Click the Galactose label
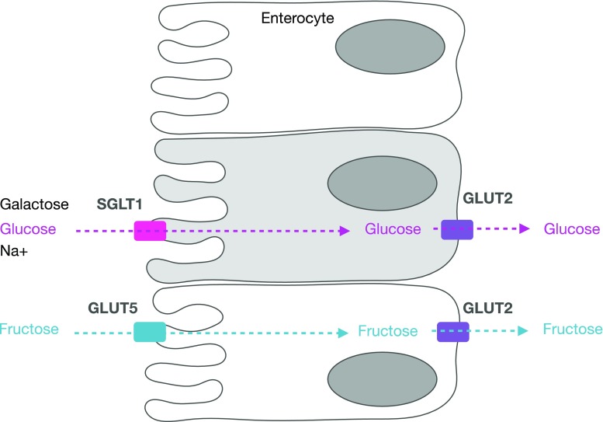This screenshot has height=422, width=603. (x=35, y=204)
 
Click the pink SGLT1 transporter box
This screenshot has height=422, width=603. (x=150, y=230)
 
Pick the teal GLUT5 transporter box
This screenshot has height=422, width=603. (x=150, y=331)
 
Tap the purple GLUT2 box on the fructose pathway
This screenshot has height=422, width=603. (x=452, y=331)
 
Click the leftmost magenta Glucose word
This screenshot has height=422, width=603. (x=29, y=229)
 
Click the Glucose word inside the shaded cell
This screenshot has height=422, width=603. (x=393, y=229)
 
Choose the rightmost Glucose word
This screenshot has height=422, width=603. (x=572, y=229)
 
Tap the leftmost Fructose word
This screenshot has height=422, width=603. (x=29, y=330)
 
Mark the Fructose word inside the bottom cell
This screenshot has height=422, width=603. (x=388, y=331)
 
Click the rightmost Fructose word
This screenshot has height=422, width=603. (x=573, y=330)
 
